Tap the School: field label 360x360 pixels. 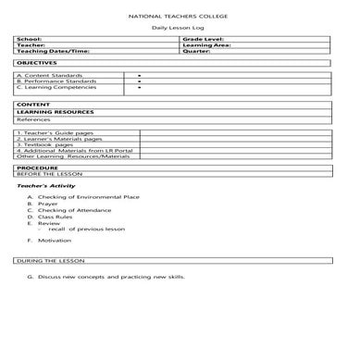pos(29,40)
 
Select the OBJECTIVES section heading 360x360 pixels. pos(36,62)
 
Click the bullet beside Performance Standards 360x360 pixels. pos(139,81)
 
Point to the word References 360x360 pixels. pos(33,119)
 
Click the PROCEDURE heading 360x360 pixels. pos(36,168)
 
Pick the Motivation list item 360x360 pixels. pos(54,241)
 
